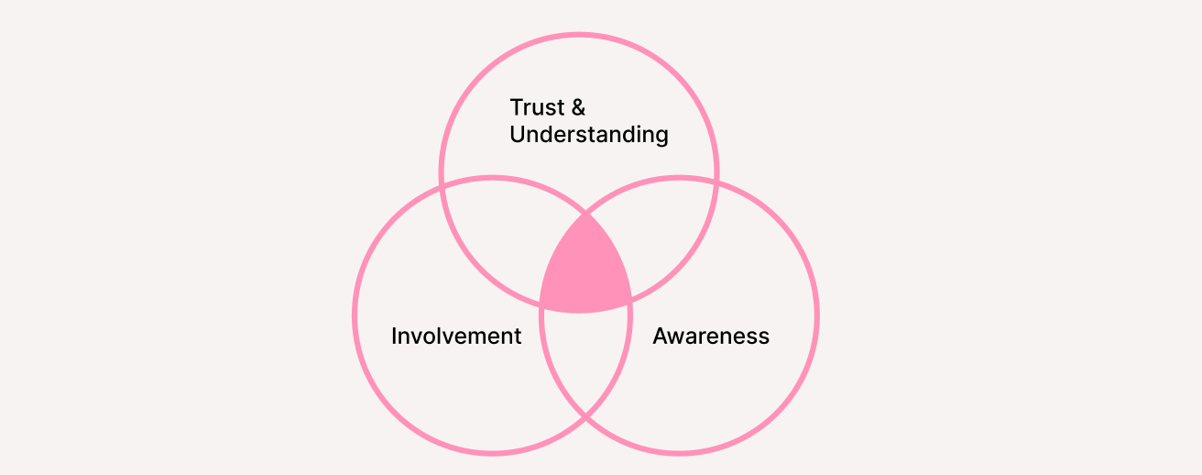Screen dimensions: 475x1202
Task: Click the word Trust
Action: point(537,107)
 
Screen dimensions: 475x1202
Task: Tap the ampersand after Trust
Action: point(578,107)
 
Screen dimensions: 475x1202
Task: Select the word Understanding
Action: point(589,135)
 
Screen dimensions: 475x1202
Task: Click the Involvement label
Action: point(456,337)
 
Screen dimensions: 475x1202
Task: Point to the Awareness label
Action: point(711,337)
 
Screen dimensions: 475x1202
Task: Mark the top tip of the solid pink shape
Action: point(585,215)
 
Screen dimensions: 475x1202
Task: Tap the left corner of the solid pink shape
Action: point(541,303)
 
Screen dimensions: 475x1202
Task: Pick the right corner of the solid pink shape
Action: point(630,301)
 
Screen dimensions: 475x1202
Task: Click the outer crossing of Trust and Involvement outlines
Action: point(443,184)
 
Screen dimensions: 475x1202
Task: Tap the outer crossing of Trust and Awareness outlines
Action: point(716,184)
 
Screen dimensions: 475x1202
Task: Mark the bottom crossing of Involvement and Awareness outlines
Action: point(585,419)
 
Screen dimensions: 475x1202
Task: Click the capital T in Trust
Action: point(516,107)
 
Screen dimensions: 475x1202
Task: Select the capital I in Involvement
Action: point(394,337)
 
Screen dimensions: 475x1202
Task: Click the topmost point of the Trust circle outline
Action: point(579,35)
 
